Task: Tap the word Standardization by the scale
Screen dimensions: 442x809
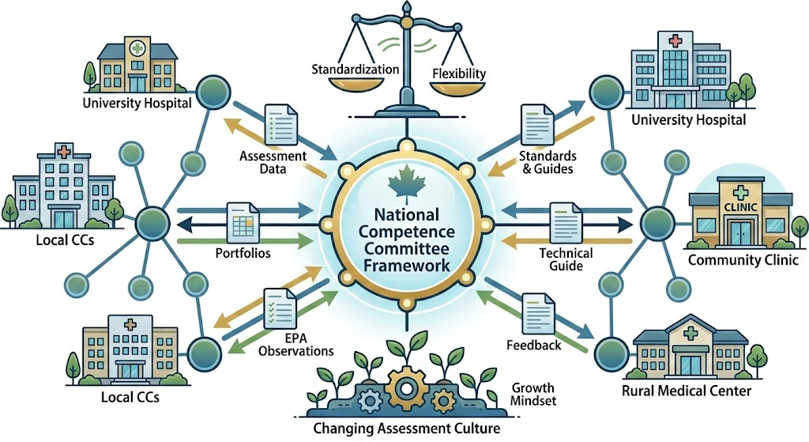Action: [356, 70]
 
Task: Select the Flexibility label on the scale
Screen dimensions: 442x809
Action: [459, 75]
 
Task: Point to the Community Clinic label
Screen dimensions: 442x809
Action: [743, 261]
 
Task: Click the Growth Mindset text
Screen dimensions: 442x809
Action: [532, 395]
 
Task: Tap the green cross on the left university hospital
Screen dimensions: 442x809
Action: [138, 46]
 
